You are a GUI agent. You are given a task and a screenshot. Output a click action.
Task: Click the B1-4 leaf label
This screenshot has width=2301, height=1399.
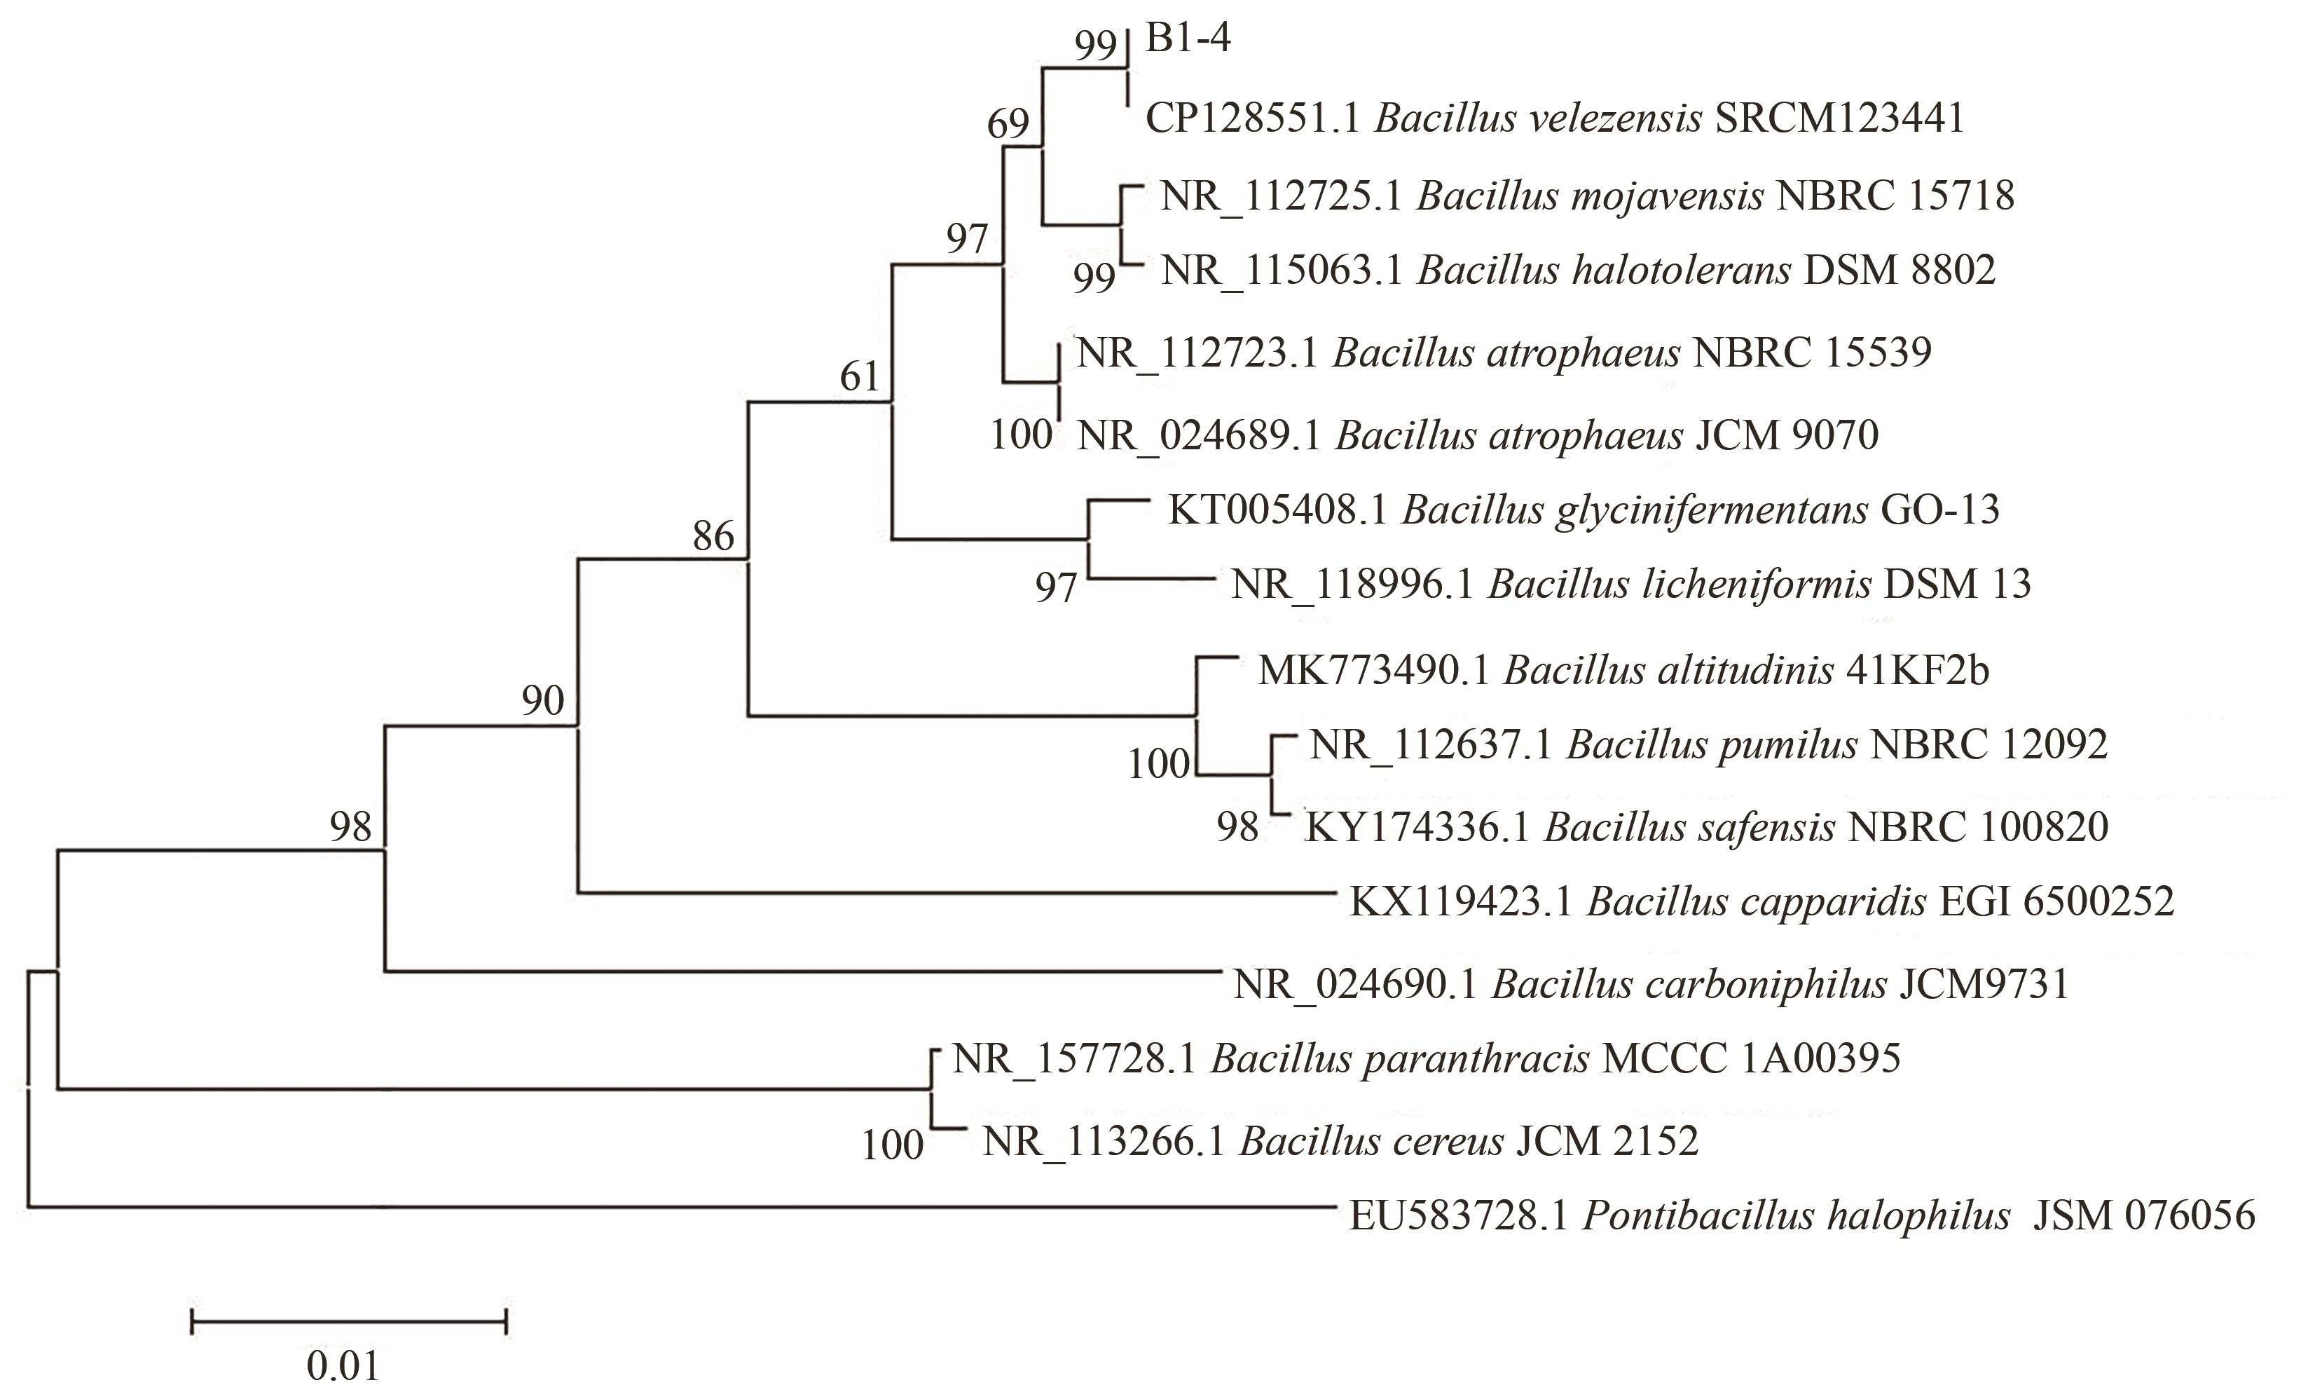tap(1188, 39)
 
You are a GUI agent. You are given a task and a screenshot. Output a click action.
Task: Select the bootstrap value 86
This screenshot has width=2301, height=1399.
tap(713, 537)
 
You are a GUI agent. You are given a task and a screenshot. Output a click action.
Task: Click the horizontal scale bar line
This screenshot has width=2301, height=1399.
tap(348, 1321)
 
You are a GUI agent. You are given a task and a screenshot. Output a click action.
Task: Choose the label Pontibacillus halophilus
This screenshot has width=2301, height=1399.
tap(1796, 1216)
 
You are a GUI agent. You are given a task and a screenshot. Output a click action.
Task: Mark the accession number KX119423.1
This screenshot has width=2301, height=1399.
tap(1460, 902)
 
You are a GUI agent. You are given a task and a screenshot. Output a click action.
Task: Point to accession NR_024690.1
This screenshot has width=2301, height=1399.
tap(1355, 984)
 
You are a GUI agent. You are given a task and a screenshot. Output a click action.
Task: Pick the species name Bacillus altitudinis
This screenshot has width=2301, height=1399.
tap(1668, 671)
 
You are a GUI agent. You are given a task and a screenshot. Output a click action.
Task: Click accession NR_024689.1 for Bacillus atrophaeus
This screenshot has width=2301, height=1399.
tap(1198, 436)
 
